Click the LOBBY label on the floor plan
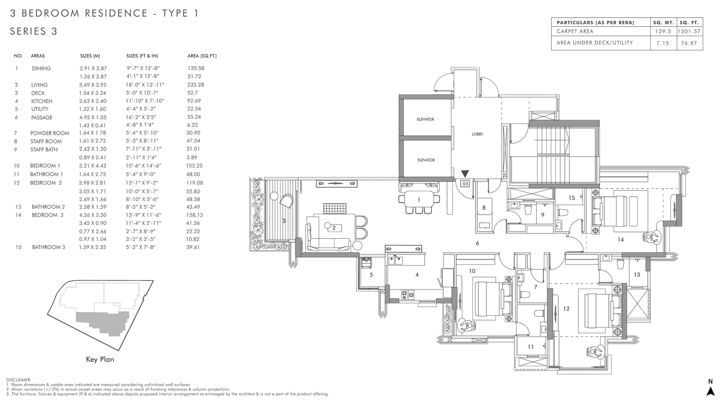477,134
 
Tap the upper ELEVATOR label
425,119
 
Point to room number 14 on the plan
621,240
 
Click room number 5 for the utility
371,275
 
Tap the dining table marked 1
419,200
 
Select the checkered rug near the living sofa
335,209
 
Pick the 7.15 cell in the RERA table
663,43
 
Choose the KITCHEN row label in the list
42,101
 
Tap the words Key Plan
100,359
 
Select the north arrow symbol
711,391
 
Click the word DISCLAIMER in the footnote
19,380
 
